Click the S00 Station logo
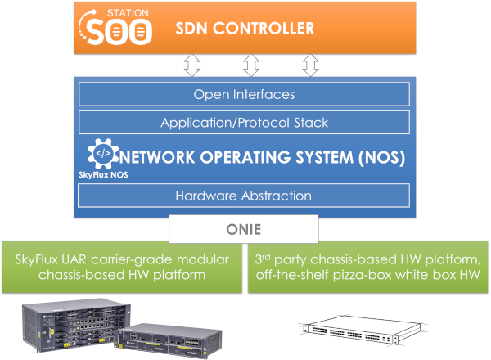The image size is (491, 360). coord(119,28)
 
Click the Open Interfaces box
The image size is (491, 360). coord(243,95)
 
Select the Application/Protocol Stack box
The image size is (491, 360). coord(243,123)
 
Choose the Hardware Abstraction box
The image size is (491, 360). coord(243,196)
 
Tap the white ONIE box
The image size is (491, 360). coord(244,230)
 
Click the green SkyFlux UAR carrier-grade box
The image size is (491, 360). coord(122,267)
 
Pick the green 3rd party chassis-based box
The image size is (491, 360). coord(368,267)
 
